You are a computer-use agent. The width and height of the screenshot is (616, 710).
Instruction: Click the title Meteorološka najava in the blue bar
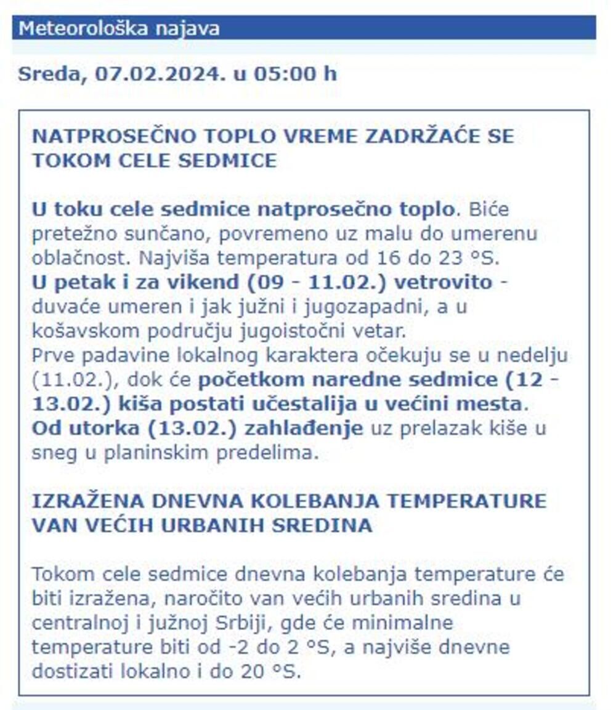119,28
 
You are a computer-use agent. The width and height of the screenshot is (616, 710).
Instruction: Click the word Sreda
52,74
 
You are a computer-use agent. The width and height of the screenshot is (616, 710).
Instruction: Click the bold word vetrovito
444,283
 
